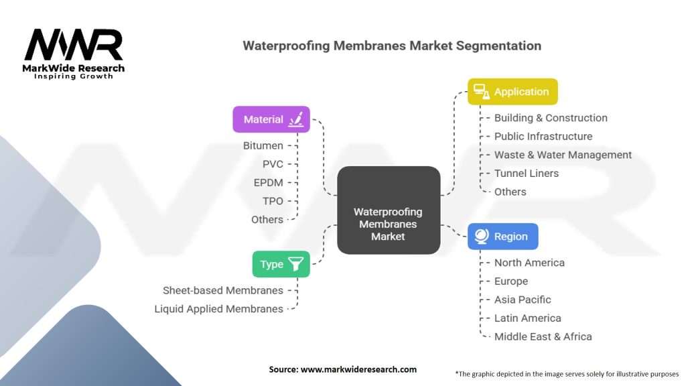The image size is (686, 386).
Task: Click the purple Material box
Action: tap(271, 119)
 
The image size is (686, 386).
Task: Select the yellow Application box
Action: tap(512, 91)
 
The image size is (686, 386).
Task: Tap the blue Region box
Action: tap(503, 237)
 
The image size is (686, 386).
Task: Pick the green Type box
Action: tap(281, 264)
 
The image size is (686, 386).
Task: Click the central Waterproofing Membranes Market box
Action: tap(389, 210)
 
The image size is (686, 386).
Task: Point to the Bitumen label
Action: tap(263, 145)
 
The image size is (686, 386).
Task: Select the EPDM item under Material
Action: tap(268, 182)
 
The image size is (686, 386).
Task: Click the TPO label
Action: tap(273, 201)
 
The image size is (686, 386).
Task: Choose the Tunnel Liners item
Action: tap(527, 174)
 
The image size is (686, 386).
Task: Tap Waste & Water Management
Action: tap(563, 155)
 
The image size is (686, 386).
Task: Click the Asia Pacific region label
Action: tap(523, 300)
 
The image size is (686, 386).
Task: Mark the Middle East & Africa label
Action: tap(543, 336)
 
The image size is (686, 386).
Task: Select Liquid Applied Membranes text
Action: tap(219, 309)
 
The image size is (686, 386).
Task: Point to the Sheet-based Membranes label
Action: tap(222, 290)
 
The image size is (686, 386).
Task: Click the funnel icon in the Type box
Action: tap(295, 264)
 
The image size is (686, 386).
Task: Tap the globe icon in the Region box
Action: tap(482, 237)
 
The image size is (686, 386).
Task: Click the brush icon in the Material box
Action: tap(296, 119)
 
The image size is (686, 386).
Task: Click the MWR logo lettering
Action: tap(74, 45)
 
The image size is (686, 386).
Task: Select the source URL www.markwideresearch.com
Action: tap(358, 369)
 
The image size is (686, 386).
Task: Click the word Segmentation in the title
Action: tap(498, 46)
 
